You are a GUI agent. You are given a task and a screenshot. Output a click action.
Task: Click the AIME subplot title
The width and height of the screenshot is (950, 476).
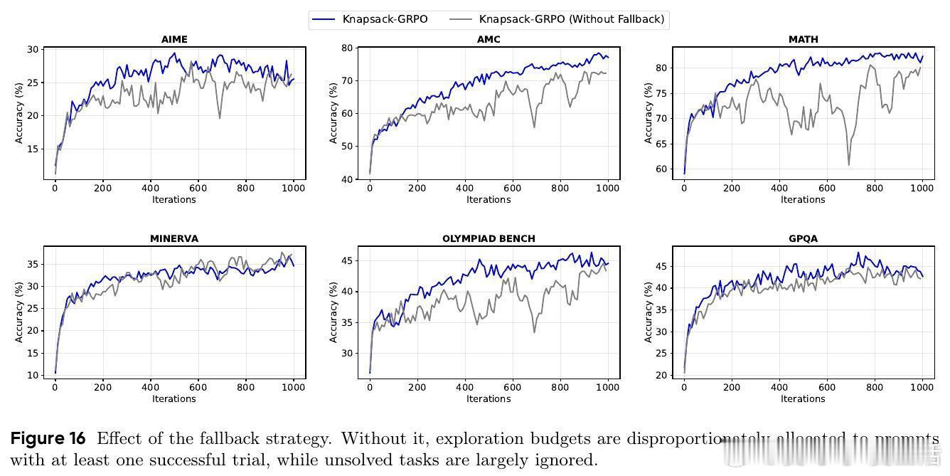coord(174,39)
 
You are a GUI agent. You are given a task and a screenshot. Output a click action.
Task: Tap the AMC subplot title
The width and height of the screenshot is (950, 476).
coord(489,39)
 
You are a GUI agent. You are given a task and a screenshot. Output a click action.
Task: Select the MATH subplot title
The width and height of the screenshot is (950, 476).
coord(803,39)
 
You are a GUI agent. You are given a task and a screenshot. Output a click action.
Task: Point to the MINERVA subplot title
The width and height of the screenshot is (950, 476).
coord(174,238)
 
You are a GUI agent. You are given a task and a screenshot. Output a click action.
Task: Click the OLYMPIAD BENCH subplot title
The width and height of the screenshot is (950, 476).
coord(489,238)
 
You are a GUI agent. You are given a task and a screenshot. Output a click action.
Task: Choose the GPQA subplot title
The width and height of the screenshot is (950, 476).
coord(803,238)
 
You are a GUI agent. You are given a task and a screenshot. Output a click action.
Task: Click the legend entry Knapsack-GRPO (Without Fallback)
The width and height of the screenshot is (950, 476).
coord(572,19)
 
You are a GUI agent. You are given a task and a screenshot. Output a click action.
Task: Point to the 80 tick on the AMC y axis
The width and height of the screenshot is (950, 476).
coord(347,48)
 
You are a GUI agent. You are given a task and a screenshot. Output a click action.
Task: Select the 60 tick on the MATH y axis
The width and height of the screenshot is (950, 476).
coord(661,169)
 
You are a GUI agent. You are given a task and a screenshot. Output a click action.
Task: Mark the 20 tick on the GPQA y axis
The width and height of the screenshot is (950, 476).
coord(661,375)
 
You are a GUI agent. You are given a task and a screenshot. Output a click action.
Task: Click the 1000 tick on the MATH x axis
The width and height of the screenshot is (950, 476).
coord(922,188)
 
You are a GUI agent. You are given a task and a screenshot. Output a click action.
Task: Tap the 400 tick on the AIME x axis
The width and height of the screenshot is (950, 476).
coord(151,188)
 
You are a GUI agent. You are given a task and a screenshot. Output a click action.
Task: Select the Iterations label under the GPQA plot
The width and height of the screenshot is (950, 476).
coord(803,398)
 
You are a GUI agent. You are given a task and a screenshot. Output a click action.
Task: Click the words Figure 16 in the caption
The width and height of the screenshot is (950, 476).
coord(48,438)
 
